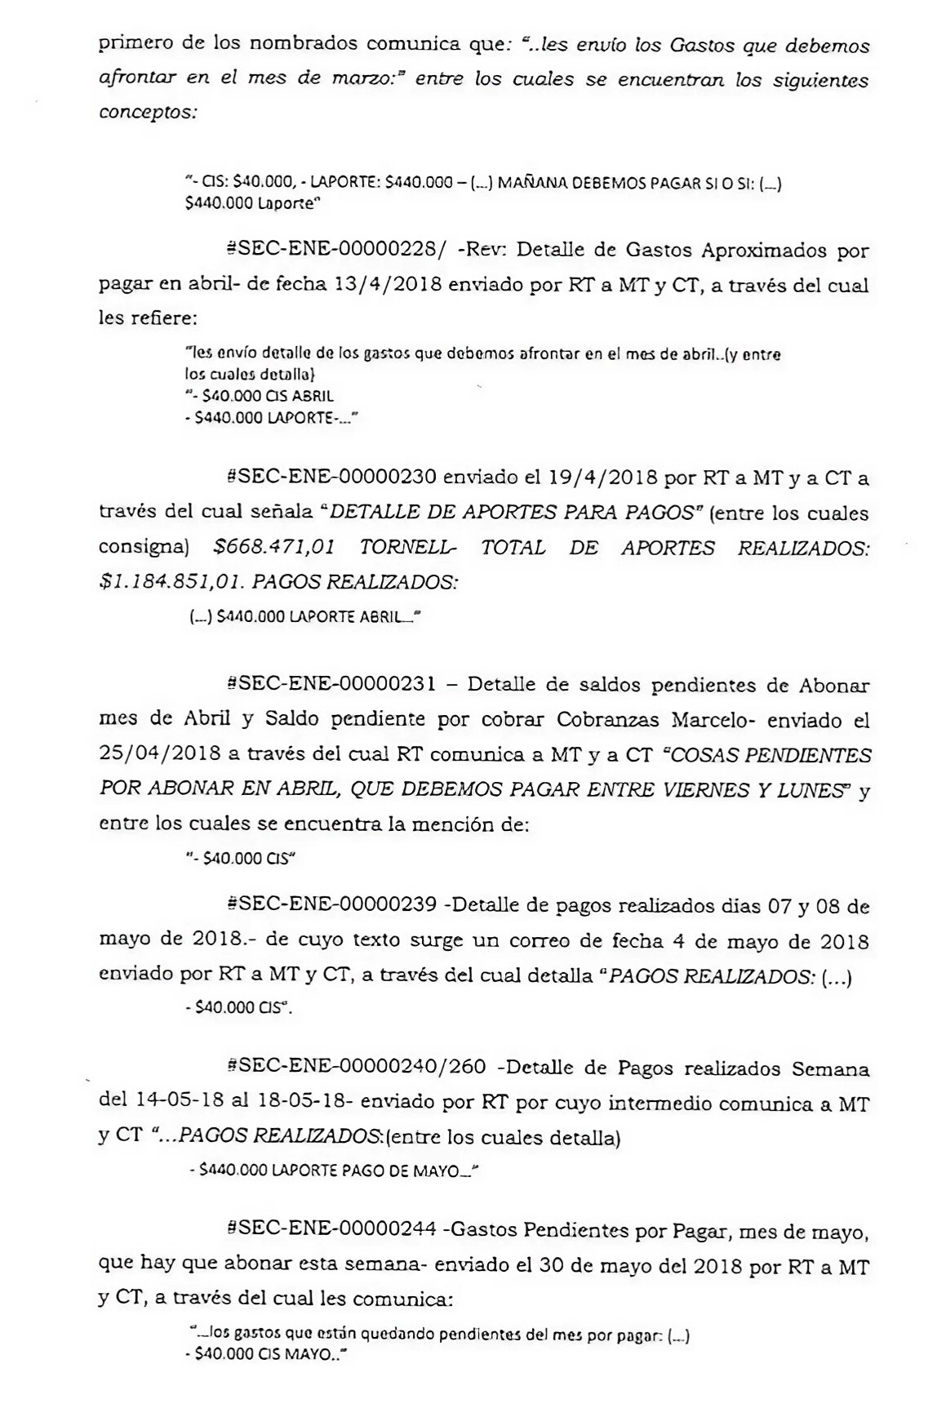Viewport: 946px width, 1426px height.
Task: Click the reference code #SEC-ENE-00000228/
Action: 336,250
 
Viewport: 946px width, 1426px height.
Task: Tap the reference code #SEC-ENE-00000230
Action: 332,477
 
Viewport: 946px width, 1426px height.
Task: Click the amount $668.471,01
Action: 274,547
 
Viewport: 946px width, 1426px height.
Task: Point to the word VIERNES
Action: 716,789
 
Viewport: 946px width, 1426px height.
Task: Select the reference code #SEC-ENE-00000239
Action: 332,905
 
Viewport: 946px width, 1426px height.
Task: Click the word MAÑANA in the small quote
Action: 533,183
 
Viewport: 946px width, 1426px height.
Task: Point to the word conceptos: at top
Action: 148,113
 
